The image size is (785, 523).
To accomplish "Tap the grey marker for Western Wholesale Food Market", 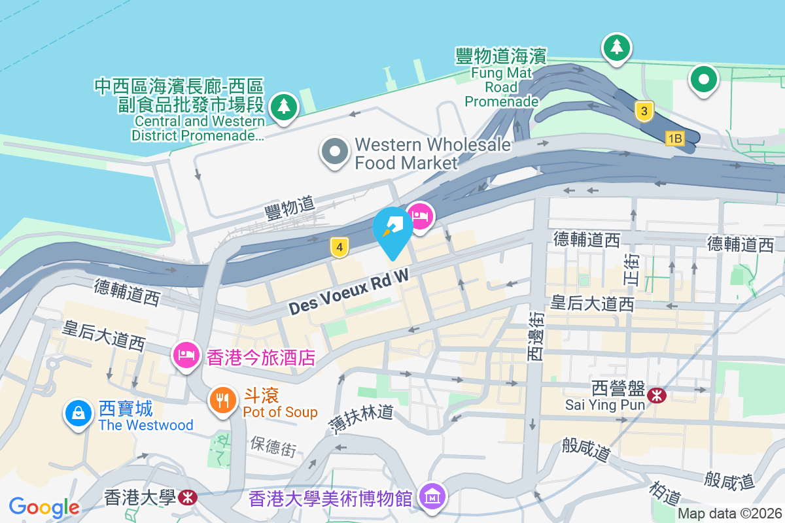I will [335, 151].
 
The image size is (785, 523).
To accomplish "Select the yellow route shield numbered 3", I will [644, 112].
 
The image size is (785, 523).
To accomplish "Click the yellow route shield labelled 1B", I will [674, 139].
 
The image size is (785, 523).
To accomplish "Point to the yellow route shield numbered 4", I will [339, 247].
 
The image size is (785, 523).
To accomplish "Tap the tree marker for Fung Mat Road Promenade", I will [616, 47].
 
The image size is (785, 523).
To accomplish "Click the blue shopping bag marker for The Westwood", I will [78, 413].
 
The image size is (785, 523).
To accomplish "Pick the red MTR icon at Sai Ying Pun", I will [656, 396].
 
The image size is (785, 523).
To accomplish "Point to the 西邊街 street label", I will [535, 337].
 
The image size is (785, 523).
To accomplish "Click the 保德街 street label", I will [273, 446].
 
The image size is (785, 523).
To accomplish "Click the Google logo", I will [44, 507].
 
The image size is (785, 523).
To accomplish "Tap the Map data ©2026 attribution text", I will [729, 514].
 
